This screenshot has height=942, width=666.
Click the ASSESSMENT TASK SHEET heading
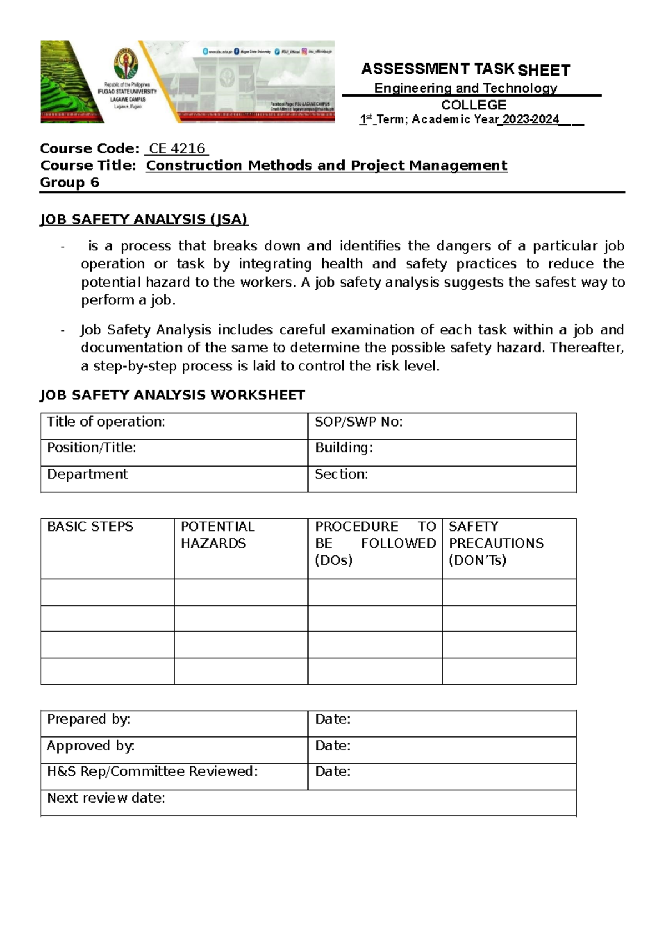coord(465,69)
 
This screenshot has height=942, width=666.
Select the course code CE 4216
coord(176,149)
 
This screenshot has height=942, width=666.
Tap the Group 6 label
coord(69,183)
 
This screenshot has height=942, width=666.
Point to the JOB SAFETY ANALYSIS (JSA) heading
coord(144,219)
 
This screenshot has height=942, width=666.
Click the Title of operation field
coord(174,426)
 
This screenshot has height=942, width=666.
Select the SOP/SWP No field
coord(441,426)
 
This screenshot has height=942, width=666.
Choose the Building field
coord(441,452)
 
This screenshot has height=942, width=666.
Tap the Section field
coord(441,478)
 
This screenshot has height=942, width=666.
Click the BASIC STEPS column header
coord(90,527)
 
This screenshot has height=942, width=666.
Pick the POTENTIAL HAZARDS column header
coord(218,535)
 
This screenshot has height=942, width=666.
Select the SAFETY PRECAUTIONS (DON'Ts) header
coord(496,543)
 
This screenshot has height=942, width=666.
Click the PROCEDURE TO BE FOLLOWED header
coord(375,543)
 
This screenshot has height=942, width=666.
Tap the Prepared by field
coord(174,723)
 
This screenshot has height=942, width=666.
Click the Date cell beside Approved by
coord(441,750)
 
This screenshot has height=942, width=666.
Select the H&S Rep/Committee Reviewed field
coord(174,776)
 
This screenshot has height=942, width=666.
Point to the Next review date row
coord(308,803)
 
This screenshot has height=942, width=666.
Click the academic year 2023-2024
coord(531,119)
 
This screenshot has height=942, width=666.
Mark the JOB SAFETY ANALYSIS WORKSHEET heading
coord(172,395)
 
